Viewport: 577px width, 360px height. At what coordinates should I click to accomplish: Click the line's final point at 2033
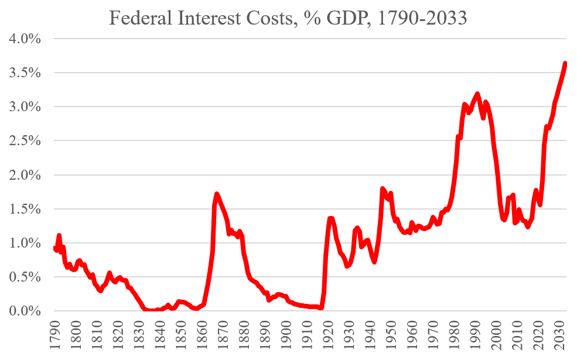pyautogui.click(x=566, y=63)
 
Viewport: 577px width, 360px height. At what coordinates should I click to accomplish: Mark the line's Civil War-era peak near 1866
pyautogui.click(x=216, y=194)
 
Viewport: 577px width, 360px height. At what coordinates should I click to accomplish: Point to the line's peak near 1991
pyautogui.click(x=477, y=94)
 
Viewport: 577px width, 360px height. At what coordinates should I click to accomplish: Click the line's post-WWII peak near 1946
pyautogui.click(x=383, y=188)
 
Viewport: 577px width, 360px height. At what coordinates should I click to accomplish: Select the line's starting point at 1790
pyautogui.click(x=54, y=248)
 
